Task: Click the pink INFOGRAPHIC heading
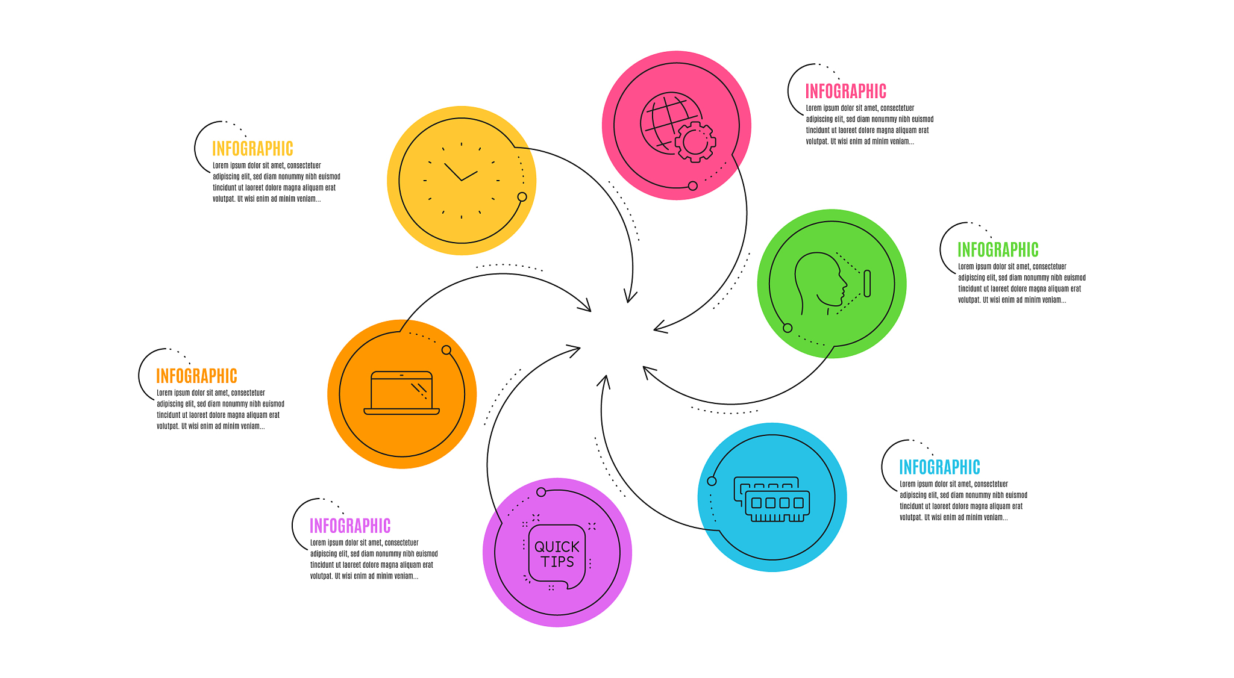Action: pyautogui.click(x=845, y=92)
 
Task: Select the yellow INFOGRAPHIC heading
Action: pyautogui.click(x=252, y=149)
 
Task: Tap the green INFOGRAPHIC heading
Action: pyautogui.click(x=998, y=250)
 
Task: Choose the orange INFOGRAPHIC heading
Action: pyautogui.click(x=196, y=376)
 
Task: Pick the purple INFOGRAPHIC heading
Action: pyautogui.click(x=350, y=526)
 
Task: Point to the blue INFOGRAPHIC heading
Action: pyautogui.click(x=939, y=467)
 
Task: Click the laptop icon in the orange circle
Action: pyautogui.click(x=402, y=393)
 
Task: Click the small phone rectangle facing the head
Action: pyautogui.click(x=867, y=283)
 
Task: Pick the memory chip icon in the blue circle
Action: pyautogui.click(x=772, y=499)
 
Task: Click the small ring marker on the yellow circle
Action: pyautogui.click(x=522, y=197)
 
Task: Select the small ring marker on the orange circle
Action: pyautogui.click(x=446, y=350)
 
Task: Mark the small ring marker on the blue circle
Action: pyautogui.click(x=712, y=481)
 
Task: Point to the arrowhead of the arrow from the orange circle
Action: pyautogui.click(x=584, y=305)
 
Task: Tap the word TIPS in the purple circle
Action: pyautogui.click(x=557, y=562)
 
